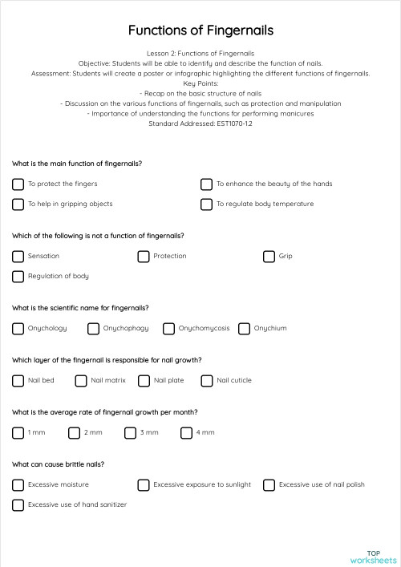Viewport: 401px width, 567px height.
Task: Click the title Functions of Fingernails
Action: pyautogui.click(x=200, y=30)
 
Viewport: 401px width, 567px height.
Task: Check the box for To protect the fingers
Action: pyautogui.click(x=18, y=184)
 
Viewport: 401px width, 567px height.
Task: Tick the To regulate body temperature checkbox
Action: pyautogui.click(x=206, y=204)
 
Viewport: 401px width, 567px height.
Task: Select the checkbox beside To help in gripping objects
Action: pyautogui.click(x=18, y=204)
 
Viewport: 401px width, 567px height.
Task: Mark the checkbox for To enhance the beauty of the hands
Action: pyautogui.click(x=206, y=184)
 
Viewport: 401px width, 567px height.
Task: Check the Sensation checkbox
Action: pyautogui.click(x=18, y=256)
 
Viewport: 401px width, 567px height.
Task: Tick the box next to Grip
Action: pyautogui.click(x=269, y=256)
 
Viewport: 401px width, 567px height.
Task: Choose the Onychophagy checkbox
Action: pyautogui.click(x=93, y=328)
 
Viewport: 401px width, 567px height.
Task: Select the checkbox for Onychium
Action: pyautogui.click(x=244, y=328)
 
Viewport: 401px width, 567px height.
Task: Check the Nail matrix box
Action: pyautogui.click(x=81, y=380)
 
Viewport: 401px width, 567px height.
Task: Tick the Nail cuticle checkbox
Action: pyautogui.click(x=207, y=380)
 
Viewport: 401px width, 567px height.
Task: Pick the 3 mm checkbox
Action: pyautogui.click(x=131, y=432)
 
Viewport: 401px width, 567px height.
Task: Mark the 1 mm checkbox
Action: pyautogui.click(x=18, y=432)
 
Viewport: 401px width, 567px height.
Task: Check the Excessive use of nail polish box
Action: pyautogui.click(x=269, y=484)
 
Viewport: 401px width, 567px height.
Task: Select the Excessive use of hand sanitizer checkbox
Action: pyautogui.click(x=18, y=504)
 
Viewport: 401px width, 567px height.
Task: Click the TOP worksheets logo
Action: pyautogui.click(x=373, y=556)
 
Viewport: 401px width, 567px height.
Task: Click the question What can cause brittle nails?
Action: pyautogui.click(x=58, y=464)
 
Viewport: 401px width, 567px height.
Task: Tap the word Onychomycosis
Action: pyautogui.click(x=204, y=328)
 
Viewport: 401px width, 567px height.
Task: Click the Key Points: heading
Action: pyautogui.click(x=200, y=83)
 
